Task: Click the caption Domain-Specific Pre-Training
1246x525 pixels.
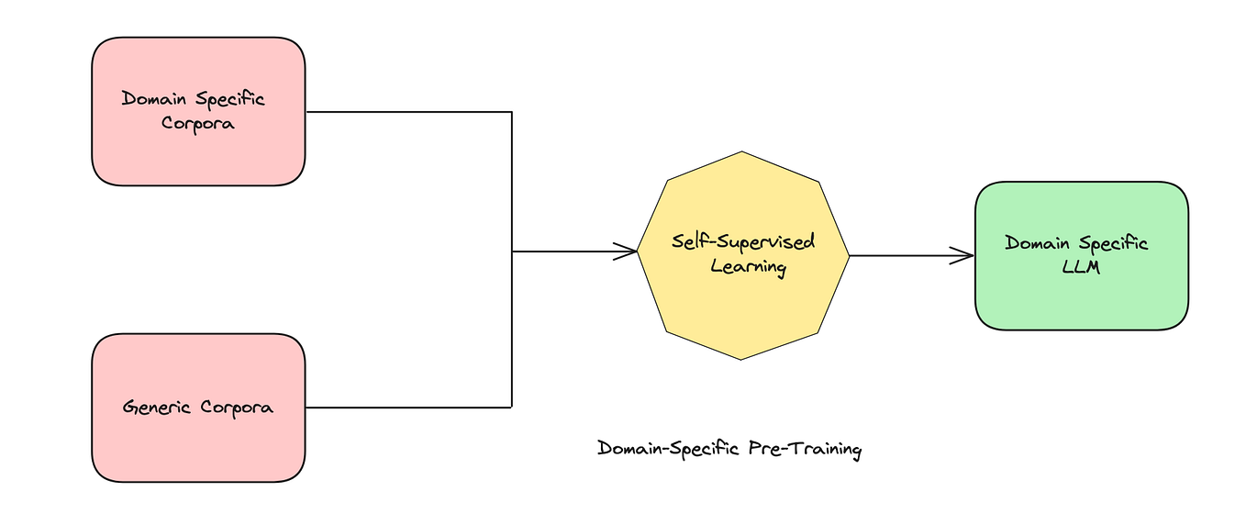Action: pyautogui.click(x=729, y=449)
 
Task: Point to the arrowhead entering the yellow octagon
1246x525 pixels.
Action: pyautogui.click(x=629, y=251)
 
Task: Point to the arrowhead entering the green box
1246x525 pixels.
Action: pyautogui.click(x=965, y=255)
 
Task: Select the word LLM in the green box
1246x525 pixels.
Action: pyautogui.click(x=1076, y=267)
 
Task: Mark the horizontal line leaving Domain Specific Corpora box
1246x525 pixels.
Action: pyautogui.click(x=408, y=112)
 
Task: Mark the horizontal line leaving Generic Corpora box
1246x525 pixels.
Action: pyautogui.click(x=408, y=407)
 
